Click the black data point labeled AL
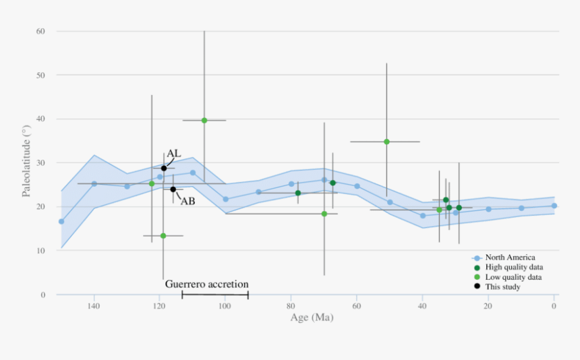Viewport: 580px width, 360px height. point(164,169)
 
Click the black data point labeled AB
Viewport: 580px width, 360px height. point(173,189)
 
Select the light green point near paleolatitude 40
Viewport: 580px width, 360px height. point(204,121)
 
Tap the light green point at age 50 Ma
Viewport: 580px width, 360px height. point(386,142)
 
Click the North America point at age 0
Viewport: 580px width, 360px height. point(554,206)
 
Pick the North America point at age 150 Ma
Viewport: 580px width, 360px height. point(61,221)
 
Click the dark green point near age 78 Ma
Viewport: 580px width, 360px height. point(298,193)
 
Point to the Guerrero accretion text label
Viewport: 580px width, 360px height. point(206,284)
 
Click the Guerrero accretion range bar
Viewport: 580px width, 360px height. point(215,295)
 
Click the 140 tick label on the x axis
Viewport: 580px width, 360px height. point(94,307)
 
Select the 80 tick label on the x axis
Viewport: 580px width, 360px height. point(291,307)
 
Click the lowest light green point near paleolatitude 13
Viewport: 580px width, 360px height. point(163,236)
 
